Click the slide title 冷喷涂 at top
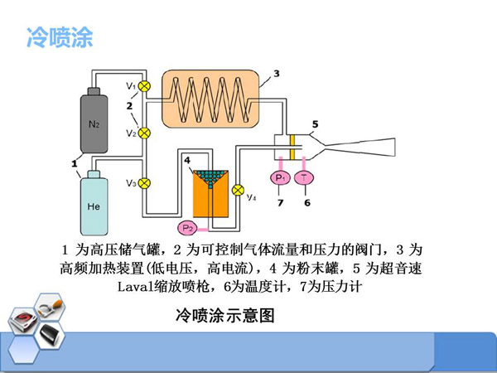tap(60, 37)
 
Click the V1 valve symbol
tap(144, 85)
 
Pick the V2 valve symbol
tap(144, 133)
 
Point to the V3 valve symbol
tap(144, 183)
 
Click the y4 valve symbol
tap(239, 189)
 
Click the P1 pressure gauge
tap(279, 177)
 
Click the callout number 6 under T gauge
tap(306, 202)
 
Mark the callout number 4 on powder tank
tap(188, 159)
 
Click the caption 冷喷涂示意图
tap(224, 315)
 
